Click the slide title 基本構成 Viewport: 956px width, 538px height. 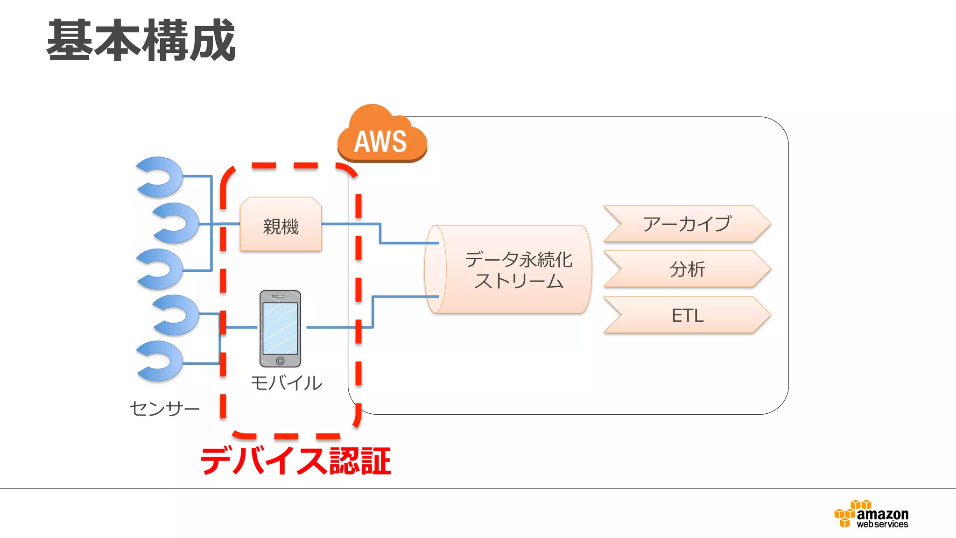coord(141,41)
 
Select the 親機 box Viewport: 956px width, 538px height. coord(281,225)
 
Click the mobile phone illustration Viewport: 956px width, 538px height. coord(280,328)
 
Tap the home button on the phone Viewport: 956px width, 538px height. coord(280,361)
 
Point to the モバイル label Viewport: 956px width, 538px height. coord(286,383)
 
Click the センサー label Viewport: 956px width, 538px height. coord(164,409)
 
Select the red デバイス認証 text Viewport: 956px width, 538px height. coord(295,460)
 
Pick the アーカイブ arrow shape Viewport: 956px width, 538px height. coord(686,224)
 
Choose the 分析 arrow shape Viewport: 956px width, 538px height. coord(686,269)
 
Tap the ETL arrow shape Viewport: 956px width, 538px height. coord(686,315)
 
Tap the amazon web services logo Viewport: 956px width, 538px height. coord(872,515)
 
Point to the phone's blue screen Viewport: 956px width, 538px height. coord(280,328)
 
